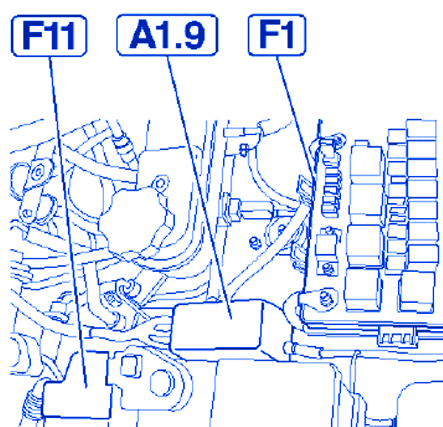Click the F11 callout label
[x=49, y=35]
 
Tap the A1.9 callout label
[x=168, y=35]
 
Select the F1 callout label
[x=277, y=35]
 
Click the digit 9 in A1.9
[x=193, y=35]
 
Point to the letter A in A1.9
[x=143, y=35]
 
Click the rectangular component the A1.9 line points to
[x=216, y=325]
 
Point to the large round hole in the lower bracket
[x=160, y=382]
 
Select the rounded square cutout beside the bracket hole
[x=131, y=366]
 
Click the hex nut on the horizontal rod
[x=234, y=210]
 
